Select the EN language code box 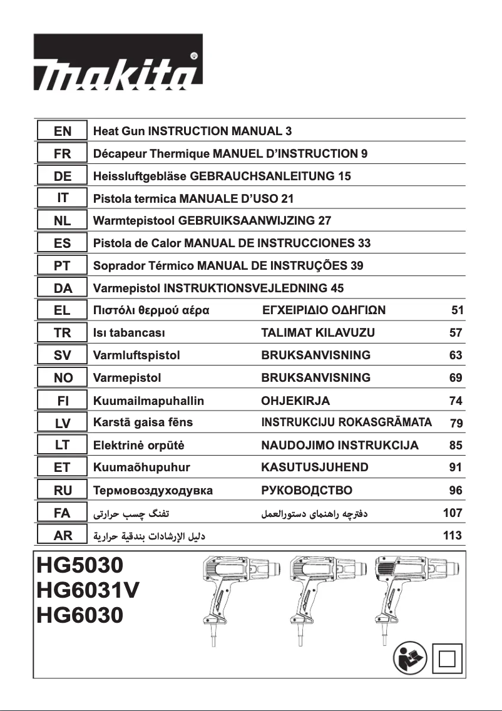point(63,131)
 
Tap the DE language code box point(63,176)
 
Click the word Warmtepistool point(133,220)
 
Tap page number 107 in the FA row point(452,513)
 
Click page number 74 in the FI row point(456,401)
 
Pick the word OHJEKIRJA point(295,401)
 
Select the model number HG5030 point(80,565)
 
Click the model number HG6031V point(88,590)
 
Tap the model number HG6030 point(80,615)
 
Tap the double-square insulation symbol point(446,659)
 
